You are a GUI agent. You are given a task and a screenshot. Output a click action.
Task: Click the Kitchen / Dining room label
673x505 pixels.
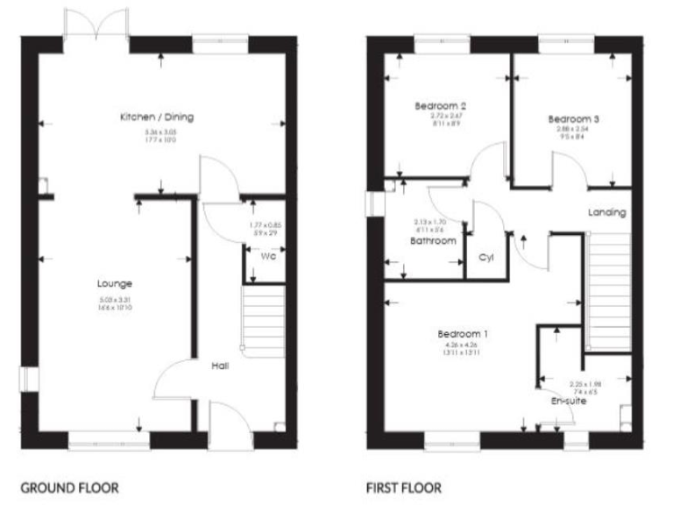point(159,117)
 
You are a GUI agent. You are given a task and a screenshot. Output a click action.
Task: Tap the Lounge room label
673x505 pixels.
point(116,283)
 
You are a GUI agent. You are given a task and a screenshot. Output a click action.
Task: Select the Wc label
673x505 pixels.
point(268,257)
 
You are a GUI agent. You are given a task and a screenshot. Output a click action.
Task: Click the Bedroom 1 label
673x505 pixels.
point(463,334)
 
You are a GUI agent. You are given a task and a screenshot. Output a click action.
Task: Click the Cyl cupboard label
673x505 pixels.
point(485,258)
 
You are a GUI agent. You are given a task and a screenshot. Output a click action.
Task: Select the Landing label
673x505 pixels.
point(606,212)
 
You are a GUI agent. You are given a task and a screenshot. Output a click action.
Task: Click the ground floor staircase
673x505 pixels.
point(263,318)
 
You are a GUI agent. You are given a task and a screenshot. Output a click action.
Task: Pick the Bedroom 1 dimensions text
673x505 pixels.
point(463,349)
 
